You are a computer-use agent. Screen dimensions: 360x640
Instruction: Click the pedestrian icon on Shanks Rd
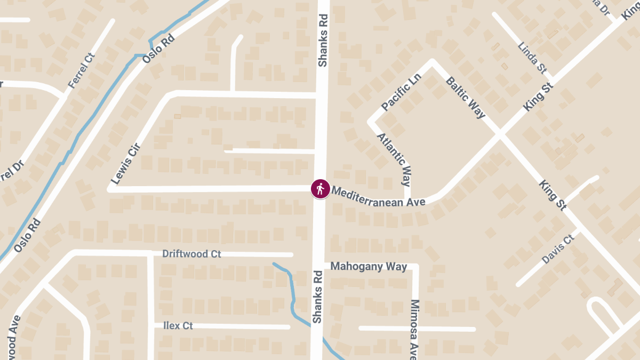pyautogui.click(x=320, y=189)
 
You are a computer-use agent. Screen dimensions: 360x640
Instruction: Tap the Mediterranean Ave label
pyautogui.click(x=378, y=196)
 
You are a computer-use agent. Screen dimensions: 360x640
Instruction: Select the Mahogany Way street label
pyautogui.click(x=369, y=266)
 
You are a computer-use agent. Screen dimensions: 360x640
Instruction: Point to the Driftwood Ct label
pyautogui.click(x=191, y=254)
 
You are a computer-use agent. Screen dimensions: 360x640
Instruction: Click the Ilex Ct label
pyautogui.click(x=178, y=325)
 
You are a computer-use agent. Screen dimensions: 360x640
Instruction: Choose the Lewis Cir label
pyautogui.click(x=125, y=164)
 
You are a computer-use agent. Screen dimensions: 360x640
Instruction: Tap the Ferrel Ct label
pyautogui.click(x=81, y=71)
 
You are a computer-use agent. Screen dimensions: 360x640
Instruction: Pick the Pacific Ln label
pyautogui.click(x=402, y=92)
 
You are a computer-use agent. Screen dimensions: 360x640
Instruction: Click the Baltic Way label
pyautogui.click(x=465, y=98)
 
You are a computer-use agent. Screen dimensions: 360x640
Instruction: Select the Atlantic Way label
pyautogui.click(x=394, y=159)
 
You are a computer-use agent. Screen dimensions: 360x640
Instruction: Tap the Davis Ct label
pyautogui.click(x=557, y=249)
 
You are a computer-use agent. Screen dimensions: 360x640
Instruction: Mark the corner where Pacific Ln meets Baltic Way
pyautogui.click(x=433, y=62)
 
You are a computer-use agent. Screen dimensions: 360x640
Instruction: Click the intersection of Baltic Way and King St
pyautogui.click(x=500, y=134)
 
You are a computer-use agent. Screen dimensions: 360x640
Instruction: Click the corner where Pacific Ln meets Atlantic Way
pyautogui.click(x=371, y=122)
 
